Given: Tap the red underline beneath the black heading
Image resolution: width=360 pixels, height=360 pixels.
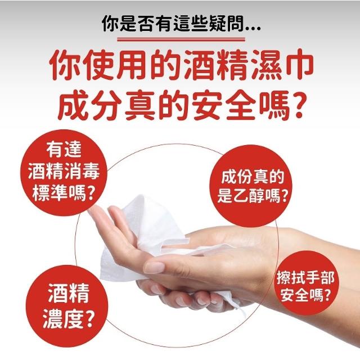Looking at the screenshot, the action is pyautogui.click(x=181, y=40).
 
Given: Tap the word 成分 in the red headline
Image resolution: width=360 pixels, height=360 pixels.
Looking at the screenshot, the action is pyautogui.click(x=90, y=105).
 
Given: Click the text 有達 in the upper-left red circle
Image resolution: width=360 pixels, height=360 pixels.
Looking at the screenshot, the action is pyautogui.click(x=64, y=149).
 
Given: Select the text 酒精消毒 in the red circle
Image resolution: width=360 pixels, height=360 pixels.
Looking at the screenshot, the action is pyautogui.click(x=64, y=171).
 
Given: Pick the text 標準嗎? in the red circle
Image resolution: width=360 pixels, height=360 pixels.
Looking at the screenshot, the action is pyautogui.click(x=64, y=193).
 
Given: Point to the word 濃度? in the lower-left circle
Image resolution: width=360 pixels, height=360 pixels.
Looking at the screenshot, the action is pyautogui.click(x=69, y=319).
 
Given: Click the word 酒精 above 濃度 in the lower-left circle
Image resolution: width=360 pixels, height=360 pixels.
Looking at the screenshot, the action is pyautogui.click(x=69, y=294).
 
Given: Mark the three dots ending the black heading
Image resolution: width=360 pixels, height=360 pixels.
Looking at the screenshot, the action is pyautogui.click(x=253, y=29).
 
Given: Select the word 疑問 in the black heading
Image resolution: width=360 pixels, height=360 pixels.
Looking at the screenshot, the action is pyautogui.click(x=227, y=24).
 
